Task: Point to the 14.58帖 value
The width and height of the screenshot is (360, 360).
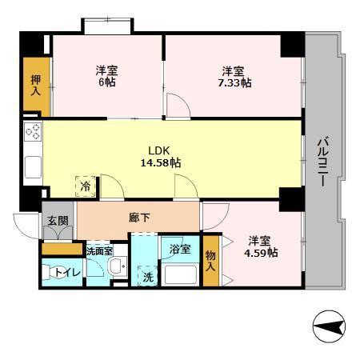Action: (159, 162)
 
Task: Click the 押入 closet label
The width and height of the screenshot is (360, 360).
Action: (36, 85)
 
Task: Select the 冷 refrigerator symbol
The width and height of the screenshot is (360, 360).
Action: (85, 186)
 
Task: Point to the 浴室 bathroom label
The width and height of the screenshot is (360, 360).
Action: (180, 249)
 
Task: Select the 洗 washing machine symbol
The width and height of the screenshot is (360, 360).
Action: (148, 278)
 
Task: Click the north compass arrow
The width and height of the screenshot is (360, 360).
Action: (330, 326)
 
